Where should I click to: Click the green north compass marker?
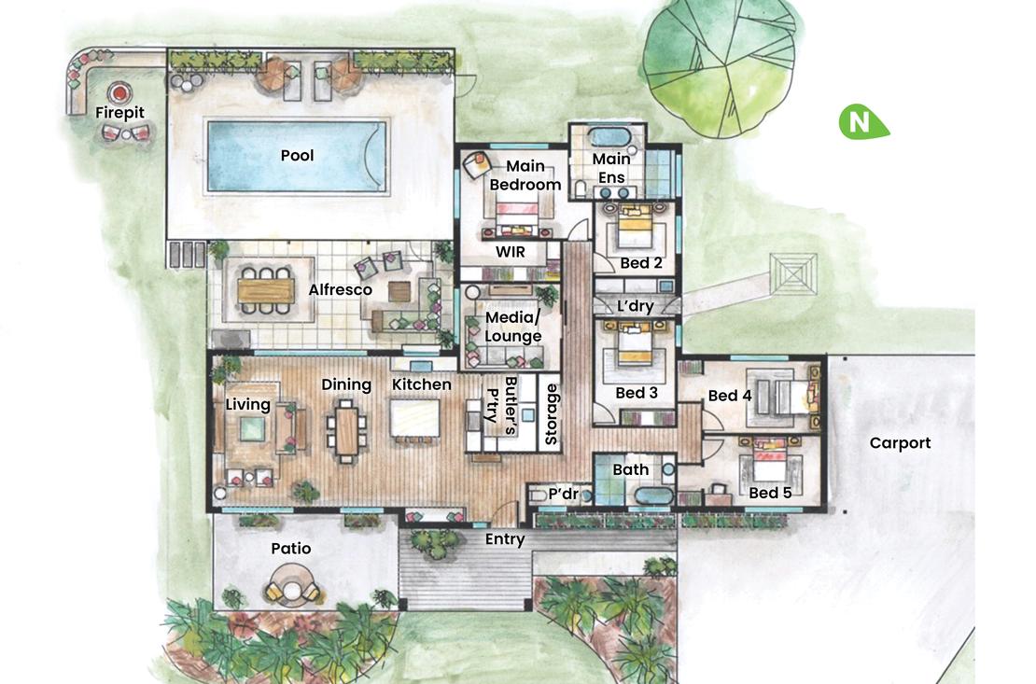tap(860, 122)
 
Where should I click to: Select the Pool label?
tap(297, 155)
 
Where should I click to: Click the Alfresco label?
tap(340, 290)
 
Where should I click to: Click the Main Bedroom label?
tap(526, 175)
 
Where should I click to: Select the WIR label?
tap(510, 253)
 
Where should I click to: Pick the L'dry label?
tap(635, 306)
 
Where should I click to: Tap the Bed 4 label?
tap(729, 396)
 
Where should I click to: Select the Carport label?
tap(900, 443)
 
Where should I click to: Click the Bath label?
tap(631, 469)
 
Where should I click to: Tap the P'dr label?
tap(565, 493)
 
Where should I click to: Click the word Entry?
tap(505, 539)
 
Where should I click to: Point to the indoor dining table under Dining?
tap(346, 430)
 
